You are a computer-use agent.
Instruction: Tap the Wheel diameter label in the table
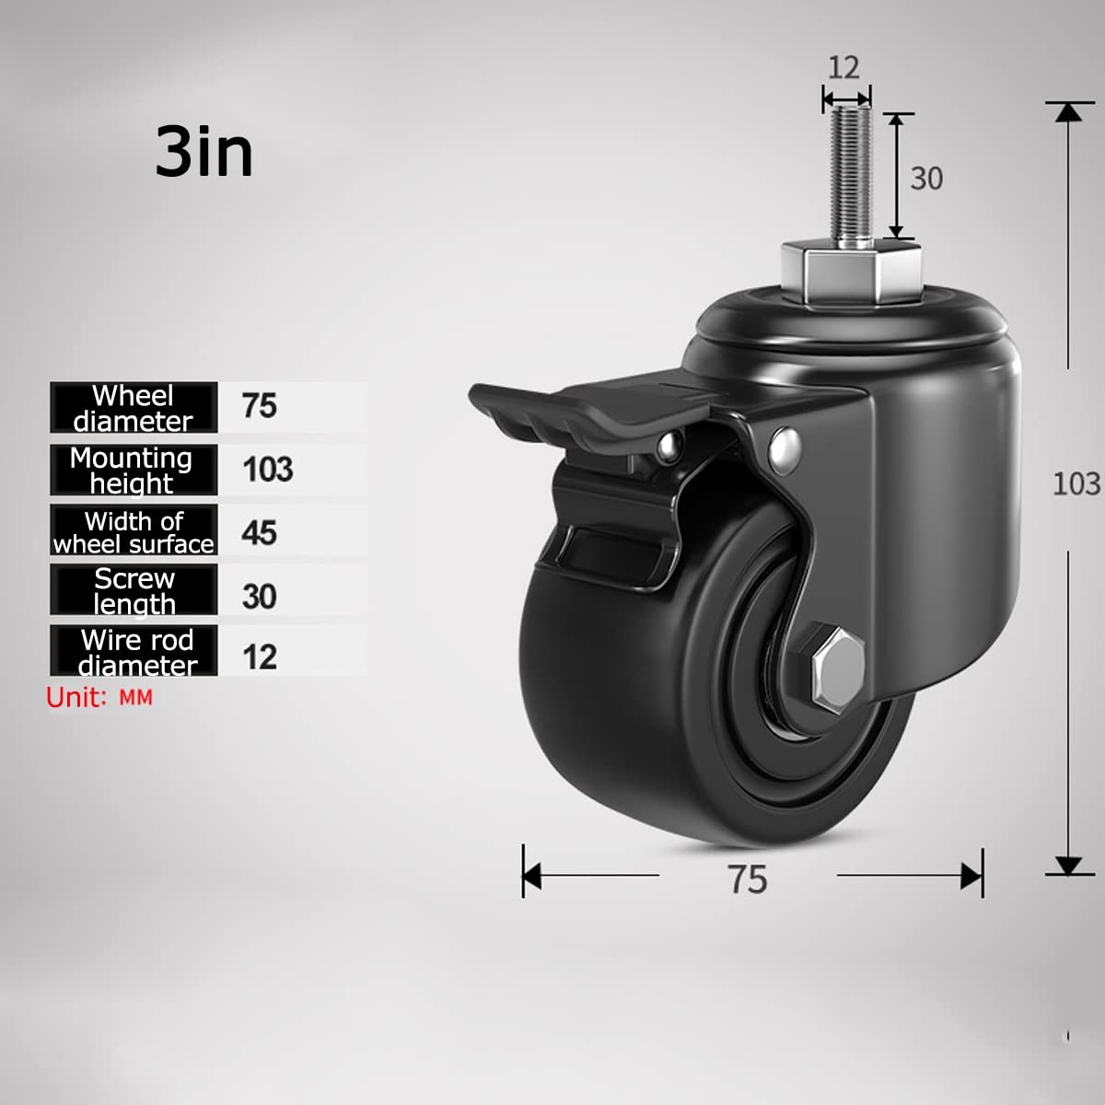[134, 408]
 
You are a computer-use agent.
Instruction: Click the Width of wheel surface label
[134, 532]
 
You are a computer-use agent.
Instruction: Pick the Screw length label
[134, 591]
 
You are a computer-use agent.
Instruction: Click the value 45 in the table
[260, 532]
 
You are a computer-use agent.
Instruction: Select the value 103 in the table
[267, 470]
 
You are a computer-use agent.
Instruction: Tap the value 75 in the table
[260, 406]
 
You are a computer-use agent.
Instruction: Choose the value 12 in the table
[260, 657]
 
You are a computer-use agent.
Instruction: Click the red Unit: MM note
[99, 698]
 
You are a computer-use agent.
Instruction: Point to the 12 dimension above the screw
[843, 66]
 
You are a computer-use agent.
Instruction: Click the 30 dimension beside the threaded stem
[926, 178]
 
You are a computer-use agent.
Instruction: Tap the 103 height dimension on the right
[1076, 483]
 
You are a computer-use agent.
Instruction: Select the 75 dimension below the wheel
[747, 879]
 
